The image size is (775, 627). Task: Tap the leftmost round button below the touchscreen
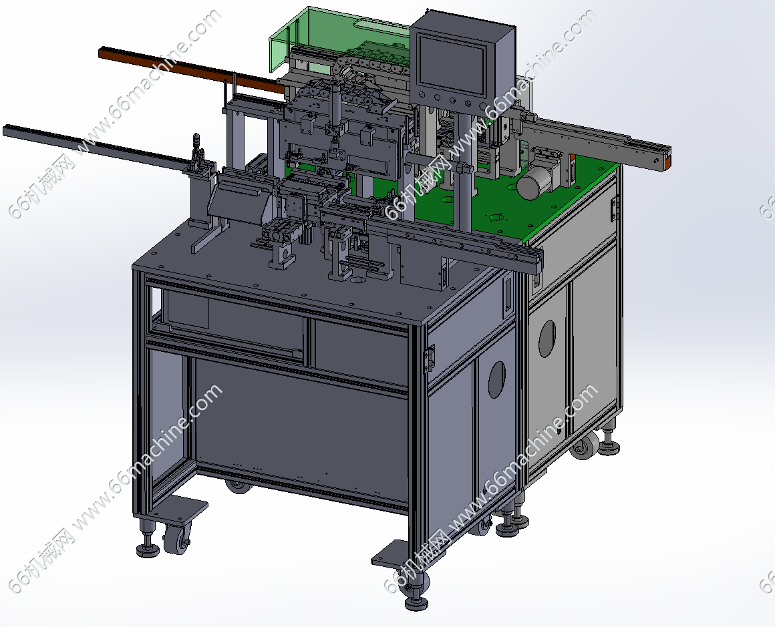point(422,94)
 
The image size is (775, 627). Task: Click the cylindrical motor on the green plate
point(532,182)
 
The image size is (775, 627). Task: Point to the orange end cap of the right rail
point(667,162)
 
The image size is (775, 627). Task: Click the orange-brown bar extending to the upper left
point(190,69)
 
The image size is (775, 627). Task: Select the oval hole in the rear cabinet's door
point(547,339)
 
